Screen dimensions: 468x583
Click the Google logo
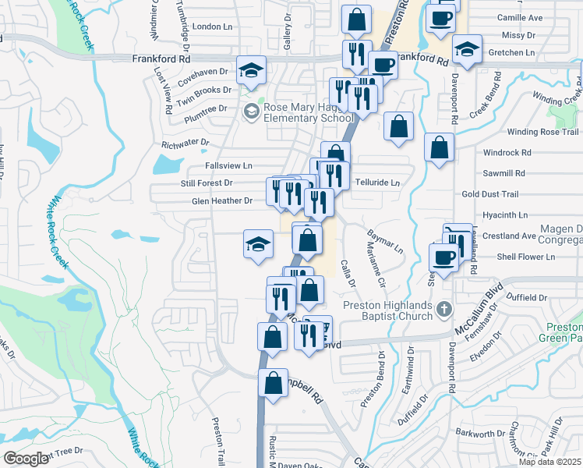tap(26, 459)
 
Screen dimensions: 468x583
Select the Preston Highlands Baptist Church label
tap(387, 310)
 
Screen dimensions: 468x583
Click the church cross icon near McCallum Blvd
tap(443, 307)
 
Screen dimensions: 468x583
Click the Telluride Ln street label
tap(377, 183)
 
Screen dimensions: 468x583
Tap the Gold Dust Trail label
tap(489, 194)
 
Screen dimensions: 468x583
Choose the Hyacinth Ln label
tap(505, 214)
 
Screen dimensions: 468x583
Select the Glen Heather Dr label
tap(222, 201)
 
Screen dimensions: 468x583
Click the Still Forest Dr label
tap(207, 183)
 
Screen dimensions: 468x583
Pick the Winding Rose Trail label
tap(543, 132)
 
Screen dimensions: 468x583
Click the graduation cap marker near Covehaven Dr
tap(252, 70)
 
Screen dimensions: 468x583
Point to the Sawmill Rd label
tap(504, 173)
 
